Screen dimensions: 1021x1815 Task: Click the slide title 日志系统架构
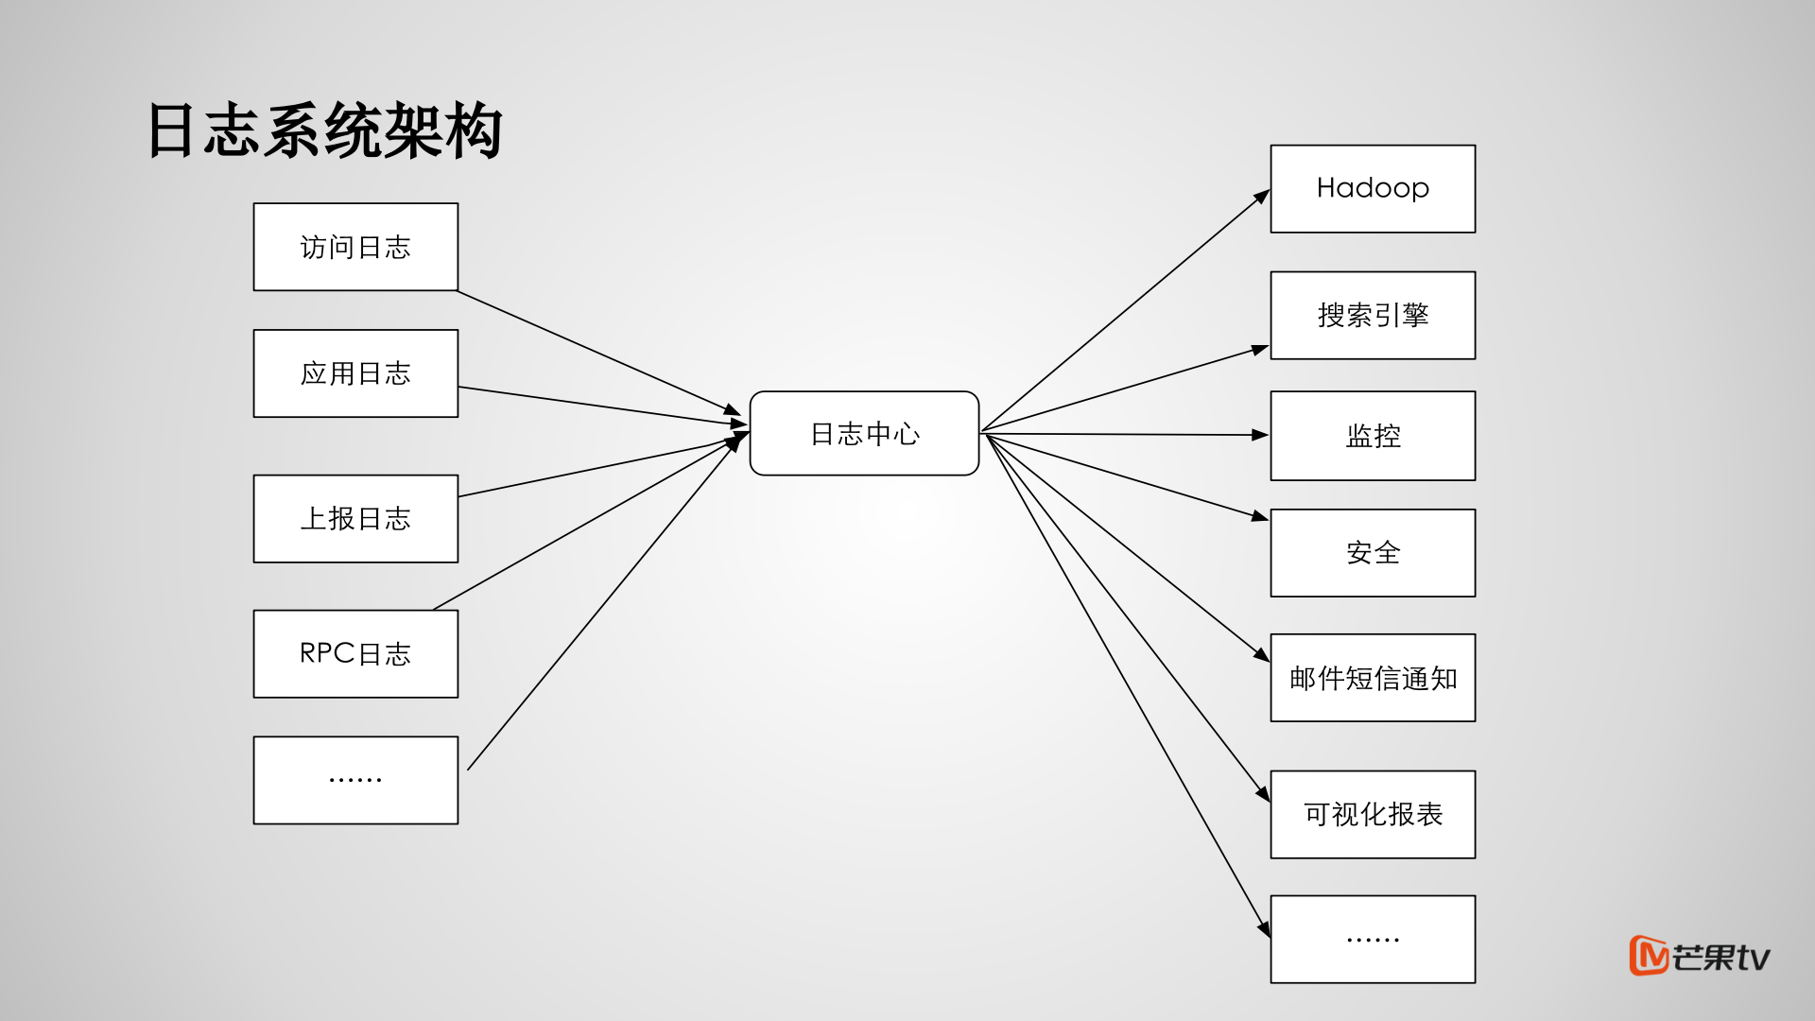[324, 130]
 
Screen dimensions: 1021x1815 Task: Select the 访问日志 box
[355, 247]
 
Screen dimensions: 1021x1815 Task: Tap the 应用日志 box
[355, 373]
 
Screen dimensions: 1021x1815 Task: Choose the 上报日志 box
[355, 518]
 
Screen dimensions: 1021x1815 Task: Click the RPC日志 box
[355, 653]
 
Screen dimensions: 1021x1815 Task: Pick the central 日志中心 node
[864, 433]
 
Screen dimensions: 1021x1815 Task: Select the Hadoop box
[1373, 188]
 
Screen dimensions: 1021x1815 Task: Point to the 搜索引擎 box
[1373, 315]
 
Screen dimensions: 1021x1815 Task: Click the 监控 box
[1373, 436]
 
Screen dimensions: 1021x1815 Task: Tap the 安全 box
[1373, 552]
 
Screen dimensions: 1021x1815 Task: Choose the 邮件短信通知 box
[1373, 678]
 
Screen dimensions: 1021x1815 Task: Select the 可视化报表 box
[1373, 814]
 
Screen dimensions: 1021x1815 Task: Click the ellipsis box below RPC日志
[355, 780]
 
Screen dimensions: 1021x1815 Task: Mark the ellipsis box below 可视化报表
[1373, 939]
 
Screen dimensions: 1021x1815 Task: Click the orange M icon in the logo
[1648, 956]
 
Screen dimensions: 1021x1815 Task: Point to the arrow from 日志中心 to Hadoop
[1125, 311]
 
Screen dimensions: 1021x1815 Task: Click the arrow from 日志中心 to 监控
[1125, 434]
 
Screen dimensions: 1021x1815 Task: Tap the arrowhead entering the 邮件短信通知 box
[1262, 655]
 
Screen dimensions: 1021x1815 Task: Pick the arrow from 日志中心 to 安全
[1125, 476]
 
